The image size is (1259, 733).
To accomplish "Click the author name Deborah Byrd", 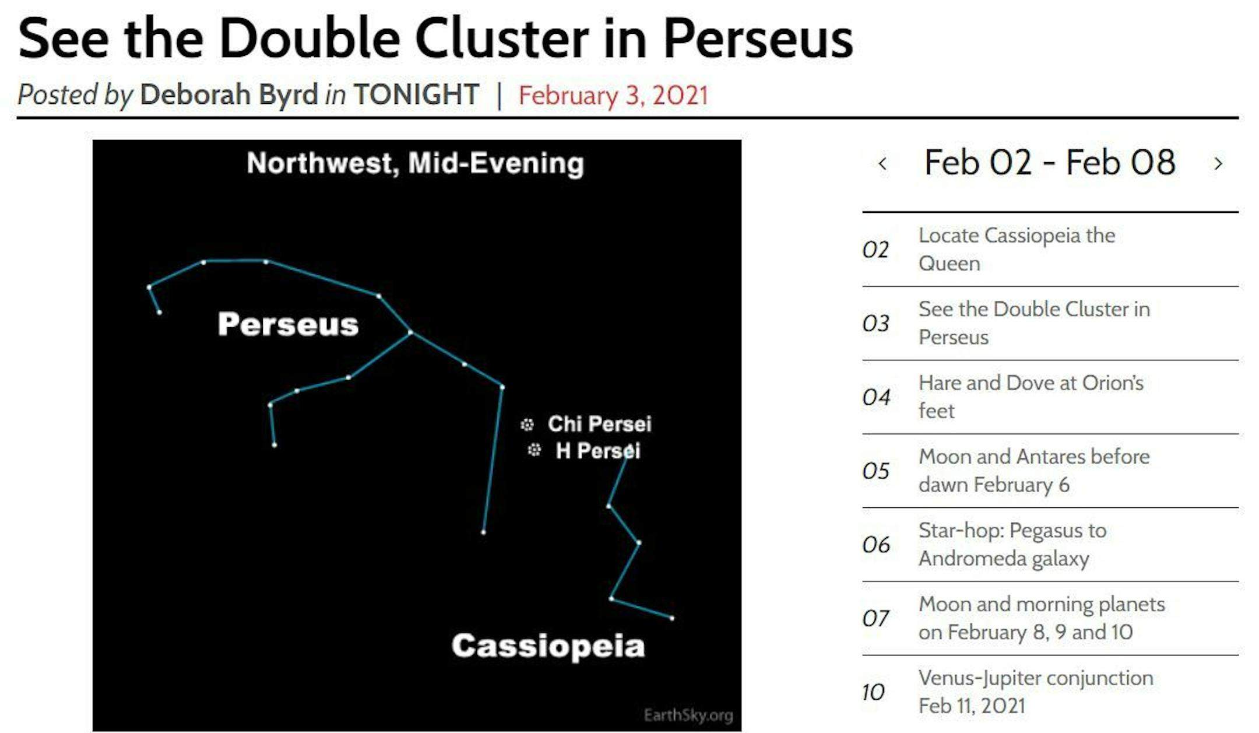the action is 229,94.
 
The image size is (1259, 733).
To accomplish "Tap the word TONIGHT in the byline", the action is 416,94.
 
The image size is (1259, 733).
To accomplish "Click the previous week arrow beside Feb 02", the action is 882,163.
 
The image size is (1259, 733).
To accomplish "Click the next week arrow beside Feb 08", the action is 1218,163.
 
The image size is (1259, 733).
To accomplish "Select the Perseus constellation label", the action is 288,324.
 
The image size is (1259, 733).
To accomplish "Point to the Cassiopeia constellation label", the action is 548,646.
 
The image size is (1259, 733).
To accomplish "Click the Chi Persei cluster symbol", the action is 527,425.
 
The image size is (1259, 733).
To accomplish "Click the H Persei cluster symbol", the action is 534,450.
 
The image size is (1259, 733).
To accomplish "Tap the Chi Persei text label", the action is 599,424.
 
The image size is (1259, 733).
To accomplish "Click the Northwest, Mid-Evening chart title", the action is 415,163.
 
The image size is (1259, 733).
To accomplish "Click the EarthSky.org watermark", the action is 688,715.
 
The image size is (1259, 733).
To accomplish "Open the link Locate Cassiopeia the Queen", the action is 1017,250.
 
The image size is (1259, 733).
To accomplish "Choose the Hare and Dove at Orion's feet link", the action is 1031,397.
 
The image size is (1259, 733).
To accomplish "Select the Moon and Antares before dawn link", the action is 1034,471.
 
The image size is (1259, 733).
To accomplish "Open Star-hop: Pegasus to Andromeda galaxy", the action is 1012,545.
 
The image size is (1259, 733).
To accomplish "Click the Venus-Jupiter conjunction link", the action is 1036,692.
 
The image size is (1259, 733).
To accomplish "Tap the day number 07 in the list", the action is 875,619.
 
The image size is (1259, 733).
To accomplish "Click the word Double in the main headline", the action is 310,38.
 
